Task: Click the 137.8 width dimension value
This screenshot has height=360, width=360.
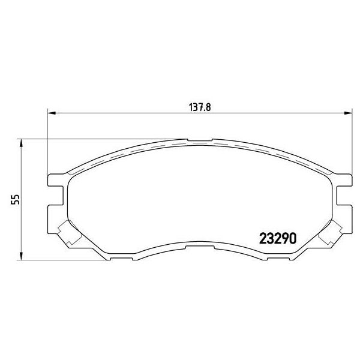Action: click(200, 107)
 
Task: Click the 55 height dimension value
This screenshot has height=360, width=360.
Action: click(16, 199)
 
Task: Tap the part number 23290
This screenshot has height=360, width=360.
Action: click(278, 239)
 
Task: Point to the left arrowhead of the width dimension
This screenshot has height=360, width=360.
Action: click(52, 113)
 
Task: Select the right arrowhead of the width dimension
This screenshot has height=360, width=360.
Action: click(348, 113)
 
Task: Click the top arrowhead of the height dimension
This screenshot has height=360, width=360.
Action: click(21, 143)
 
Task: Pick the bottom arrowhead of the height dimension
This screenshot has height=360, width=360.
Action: click(21, 256)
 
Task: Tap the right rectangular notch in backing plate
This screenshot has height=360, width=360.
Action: click(344, 195)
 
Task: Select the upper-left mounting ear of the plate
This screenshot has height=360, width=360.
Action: click(56, 180)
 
